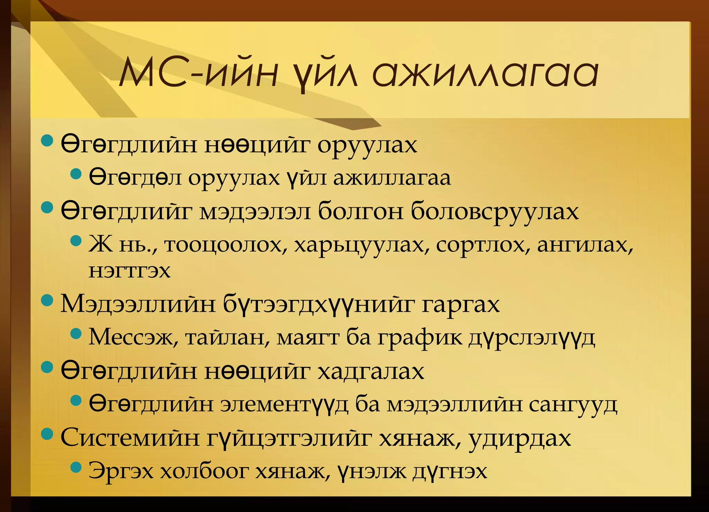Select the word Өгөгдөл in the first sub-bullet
pos(135,178)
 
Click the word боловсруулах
pos(495,211)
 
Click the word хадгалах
pos(371,371)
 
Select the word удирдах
pos(520,438)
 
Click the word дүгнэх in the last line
pos(450,471)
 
